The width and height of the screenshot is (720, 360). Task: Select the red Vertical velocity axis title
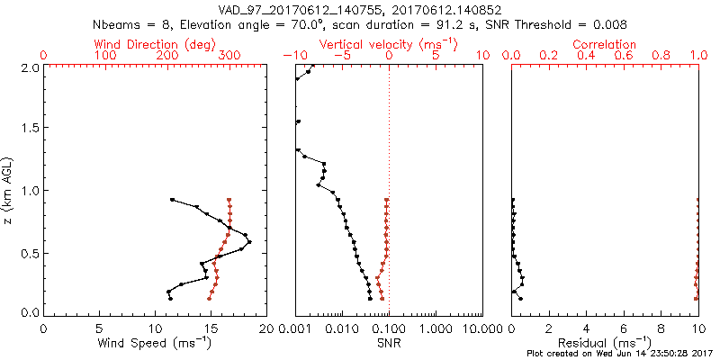[x=388, y=44]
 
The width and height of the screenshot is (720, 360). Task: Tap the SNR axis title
[x=389, y=342]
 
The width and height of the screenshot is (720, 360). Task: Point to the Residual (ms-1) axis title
[x=606, y=342]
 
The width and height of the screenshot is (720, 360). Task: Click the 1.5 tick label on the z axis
[x=31, y=128]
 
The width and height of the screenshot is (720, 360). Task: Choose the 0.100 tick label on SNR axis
[x=389, y=328]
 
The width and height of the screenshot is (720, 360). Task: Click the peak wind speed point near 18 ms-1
[x=249, y=241]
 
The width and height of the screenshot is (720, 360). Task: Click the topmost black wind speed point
[x=172, y=199]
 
